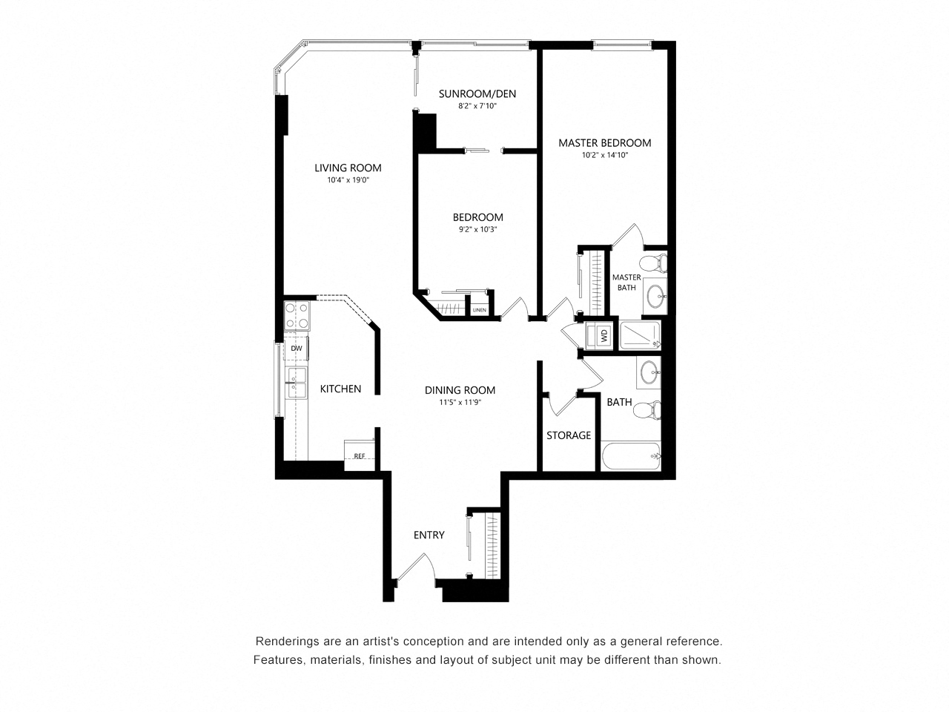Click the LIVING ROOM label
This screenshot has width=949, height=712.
(x=348, y=168)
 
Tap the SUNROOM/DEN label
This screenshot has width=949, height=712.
(x=477, y=93)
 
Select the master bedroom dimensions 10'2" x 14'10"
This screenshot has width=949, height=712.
(x=604, y=155)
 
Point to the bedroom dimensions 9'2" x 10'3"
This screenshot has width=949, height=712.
(x=477, y=229)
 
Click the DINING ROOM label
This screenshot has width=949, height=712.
(x=460, y=390)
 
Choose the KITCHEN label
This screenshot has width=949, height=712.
(x=340, y=389)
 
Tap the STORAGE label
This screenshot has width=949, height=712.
(x=569, y=435)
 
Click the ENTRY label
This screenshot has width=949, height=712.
(x=429, y=535)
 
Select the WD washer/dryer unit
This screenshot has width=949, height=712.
(x=600, y=335)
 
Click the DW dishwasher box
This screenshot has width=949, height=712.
(x=296, y=348)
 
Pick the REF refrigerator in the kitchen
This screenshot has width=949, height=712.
(x=360, y=455)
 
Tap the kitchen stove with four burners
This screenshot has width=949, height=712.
(x=297, y=316)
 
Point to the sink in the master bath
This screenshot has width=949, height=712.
(x=655, y=296)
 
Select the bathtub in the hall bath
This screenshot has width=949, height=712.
(x=631, y=455)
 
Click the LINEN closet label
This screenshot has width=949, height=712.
(x=480, y=310)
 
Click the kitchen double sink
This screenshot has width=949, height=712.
(x=296, y=383)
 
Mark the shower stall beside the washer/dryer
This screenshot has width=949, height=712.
(x=640, y=335)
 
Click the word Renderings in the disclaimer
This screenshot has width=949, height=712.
(x=281, y=642)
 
